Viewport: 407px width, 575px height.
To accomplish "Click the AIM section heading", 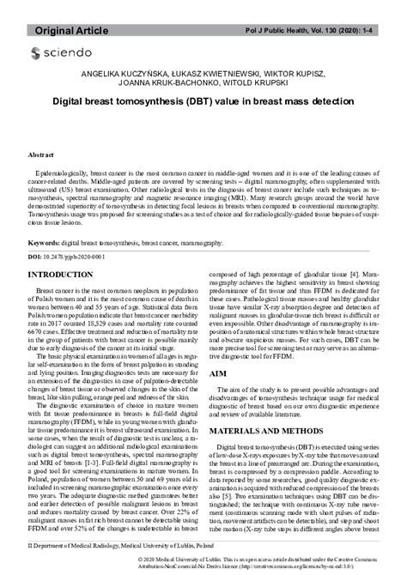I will (x=218, y=375).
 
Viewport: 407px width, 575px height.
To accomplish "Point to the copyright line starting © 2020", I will (x=258, y=559).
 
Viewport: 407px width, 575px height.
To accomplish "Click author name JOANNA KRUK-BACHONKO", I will (x=179, y=86).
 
